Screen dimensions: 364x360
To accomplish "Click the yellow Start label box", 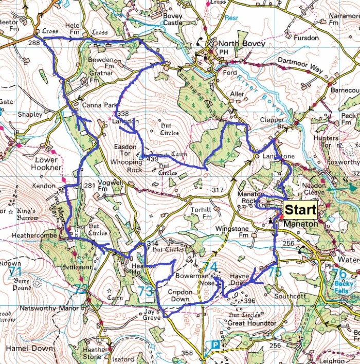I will pos(300,210).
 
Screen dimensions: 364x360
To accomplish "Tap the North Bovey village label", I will pos(241,44).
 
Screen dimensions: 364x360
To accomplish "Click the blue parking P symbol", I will pos(216,344).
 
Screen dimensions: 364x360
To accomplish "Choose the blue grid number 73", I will pos(146,292).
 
